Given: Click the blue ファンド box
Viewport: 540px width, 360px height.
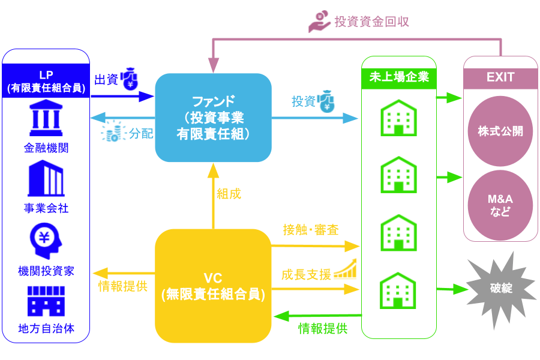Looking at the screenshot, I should [x=213, y=118].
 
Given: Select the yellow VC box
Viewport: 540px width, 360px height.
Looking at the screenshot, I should [x=213, y=286].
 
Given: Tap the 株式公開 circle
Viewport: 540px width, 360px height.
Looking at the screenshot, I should [x=500, y=131].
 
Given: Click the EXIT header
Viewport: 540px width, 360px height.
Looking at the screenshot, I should [x=500, y=77].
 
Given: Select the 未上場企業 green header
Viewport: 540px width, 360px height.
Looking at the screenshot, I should [x=398, y=76].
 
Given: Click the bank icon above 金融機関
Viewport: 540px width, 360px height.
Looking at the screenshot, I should [x=46, y=119].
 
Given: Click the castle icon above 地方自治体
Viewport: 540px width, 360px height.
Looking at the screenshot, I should [x=46, y=301].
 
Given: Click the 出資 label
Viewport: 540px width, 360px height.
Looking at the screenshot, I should [x=106, y=79].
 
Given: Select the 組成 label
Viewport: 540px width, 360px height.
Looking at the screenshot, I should [x=229, y=193].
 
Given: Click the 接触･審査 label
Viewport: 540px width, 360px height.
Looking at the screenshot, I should [x=311, y=230].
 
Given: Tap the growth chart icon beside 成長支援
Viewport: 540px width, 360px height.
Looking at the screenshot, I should [x=346, y=269].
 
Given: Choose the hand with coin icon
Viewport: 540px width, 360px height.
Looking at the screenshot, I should [x=320, y=22].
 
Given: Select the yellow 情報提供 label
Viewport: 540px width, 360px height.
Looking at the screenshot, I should [x=123, y=286].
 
